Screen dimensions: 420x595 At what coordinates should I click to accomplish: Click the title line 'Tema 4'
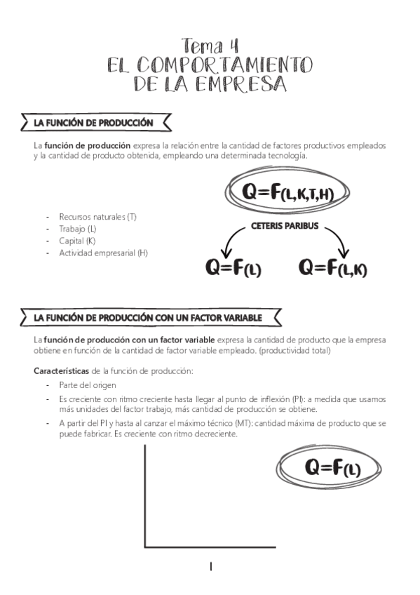[x=210, y=46]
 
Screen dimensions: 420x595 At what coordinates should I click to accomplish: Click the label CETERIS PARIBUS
[x=284, y=227]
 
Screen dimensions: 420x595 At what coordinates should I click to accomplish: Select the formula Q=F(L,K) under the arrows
[x=332, y=267]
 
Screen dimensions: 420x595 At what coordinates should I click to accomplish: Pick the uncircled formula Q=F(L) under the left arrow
[x=233, y=268]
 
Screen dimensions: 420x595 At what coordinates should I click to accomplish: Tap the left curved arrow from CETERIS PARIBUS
[x=230, y=243]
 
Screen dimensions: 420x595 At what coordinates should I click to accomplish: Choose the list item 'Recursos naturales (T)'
[x=97, y=217]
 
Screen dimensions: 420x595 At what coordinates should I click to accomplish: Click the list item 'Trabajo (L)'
[x=79, y=229]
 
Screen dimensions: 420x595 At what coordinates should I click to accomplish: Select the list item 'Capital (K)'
[x=77, y=241]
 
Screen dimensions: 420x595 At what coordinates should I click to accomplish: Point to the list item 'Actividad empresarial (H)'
[x=104, y=253]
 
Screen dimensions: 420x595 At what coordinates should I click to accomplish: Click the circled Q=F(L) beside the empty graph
[x=331, y=467]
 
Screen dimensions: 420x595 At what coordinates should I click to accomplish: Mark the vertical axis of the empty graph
[x=145, y=495]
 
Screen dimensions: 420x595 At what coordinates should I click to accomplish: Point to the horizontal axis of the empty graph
[x=210, y=547]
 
